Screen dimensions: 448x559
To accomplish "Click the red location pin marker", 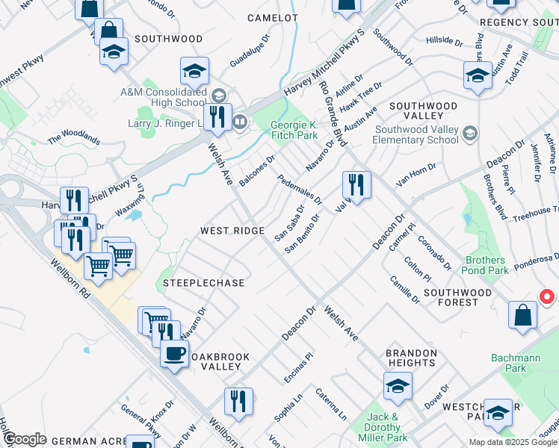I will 546,297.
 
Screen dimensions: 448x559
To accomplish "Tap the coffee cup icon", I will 175,353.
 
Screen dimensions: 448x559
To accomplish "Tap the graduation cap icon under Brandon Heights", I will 398,387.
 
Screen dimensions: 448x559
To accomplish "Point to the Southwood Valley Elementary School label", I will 416,134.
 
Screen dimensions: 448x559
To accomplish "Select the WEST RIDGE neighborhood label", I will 232,231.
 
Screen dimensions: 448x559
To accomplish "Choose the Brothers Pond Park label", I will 487,265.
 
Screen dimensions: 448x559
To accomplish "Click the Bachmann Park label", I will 516,364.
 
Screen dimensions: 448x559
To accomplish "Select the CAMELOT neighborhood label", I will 275,17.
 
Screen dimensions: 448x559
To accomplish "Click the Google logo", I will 25,439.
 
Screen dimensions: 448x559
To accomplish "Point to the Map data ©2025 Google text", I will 513,442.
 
